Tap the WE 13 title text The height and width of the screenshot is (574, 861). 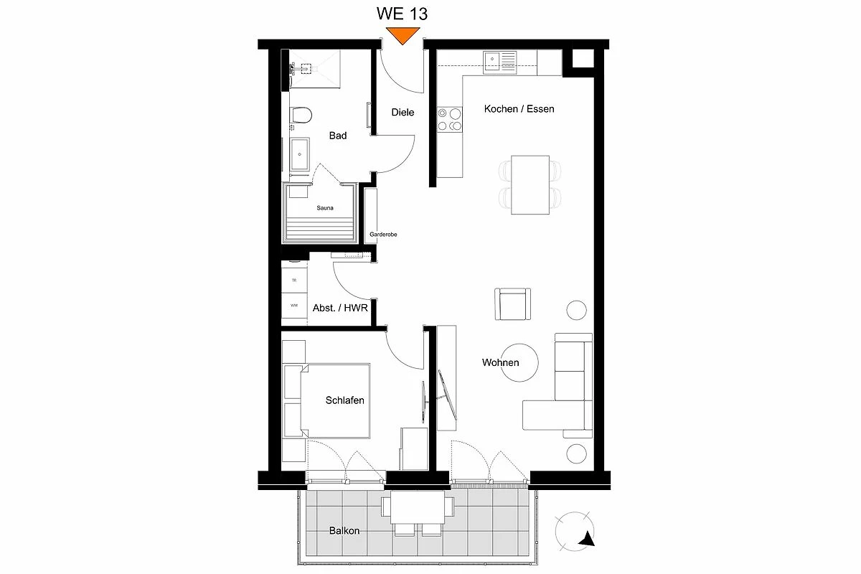[402, 14]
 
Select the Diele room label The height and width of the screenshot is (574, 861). [403, 112]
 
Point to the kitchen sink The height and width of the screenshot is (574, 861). [499, 62]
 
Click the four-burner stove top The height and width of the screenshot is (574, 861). [450, 119]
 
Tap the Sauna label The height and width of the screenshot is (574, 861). [325, 208]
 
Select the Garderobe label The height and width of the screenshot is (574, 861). [383, 234]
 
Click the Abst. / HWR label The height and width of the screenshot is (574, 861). [340, 308]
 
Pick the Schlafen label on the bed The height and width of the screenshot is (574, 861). [345, 400]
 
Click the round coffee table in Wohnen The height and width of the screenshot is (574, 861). [519, 362]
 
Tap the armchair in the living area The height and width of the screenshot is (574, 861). [513, 304]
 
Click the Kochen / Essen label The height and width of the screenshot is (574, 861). [519, 109]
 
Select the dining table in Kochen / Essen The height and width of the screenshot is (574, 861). [530, 185]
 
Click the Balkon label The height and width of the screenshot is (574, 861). [344, 530]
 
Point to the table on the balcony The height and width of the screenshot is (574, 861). [418, 507]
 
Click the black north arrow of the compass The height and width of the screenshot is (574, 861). [588, 540]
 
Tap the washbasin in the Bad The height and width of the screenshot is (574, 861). [299, 154]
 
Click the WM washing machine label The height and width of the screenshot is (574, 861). [294, 306]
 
